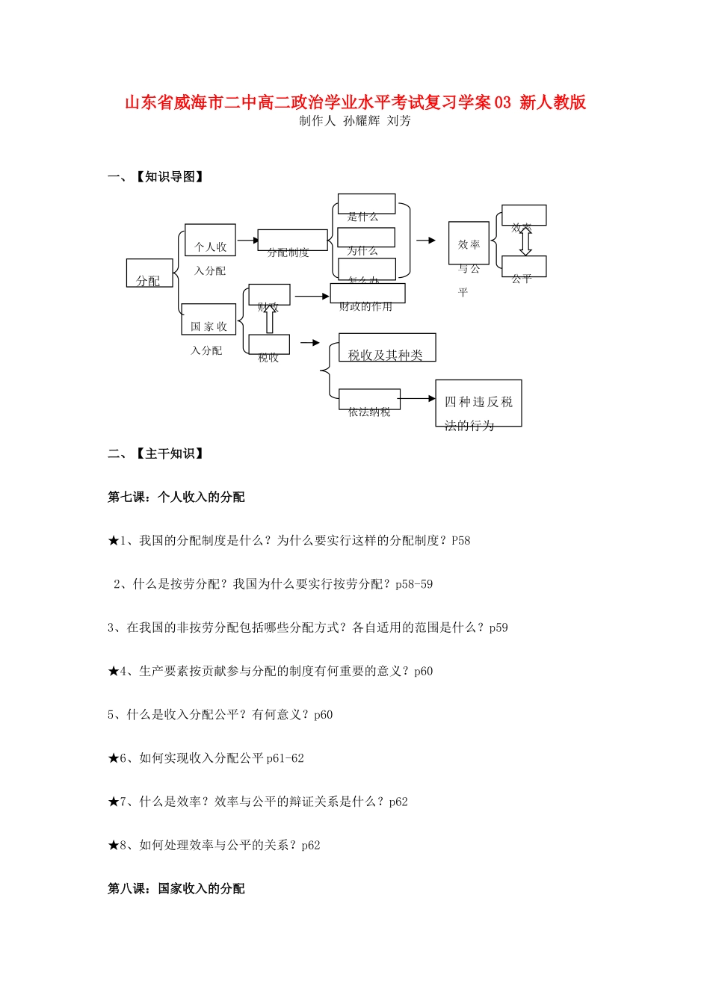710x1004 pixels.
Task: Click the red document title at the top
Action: [355, 102]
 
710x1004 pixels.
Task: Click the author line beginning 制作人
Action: [355, 121]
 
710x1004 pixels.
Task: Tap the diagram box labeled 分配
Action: [149, 273]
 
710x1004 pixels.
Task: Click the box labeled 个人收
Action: [210, 241]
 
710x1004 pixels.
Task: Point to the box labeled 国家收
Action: [209, 320]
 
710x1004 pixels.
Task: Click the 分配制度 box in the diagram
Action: [292, 241]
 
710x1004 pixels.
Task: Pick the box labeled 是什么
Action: [366, 204]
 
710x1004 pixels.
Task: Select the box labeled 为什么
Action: [366, 238]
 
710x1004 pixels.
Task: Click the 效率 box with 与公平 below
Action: [469, 244]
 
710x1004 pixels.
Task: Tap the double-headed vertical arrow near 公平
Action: [525, 242]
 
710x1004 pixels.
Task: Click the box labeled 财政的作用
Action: [367, 294]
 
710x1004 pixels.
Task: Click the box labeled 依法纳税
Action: [369, 400]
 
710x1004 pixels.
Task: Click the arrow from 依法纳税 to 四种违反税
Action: [418, 399]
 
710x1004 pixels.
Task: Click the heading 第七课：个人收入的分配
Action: [176, 498]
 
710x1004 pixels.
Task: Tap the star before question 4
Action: [114, 672]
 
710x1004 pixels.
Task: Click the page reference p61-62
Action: [285, 759]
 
